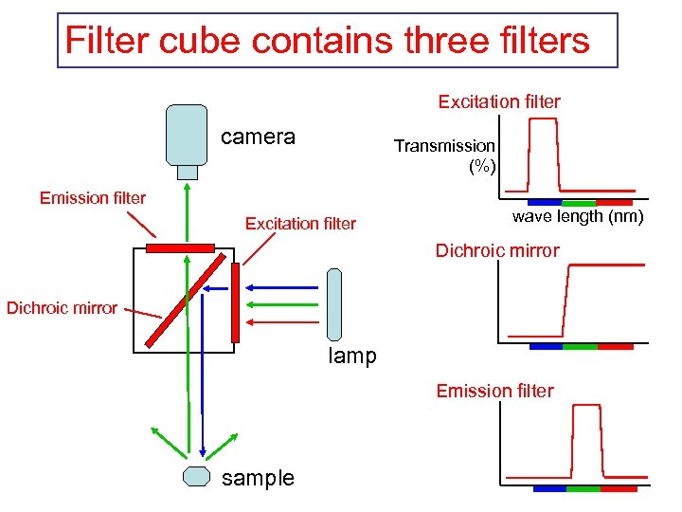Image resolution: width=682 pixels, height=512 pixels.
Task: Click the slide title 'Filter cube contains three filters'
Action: (328, 41)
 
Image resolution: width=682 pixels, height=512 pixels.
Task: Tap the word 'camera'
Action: (258, 137)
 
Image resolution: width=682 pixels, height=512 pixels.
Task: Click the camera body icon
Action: (187, 134)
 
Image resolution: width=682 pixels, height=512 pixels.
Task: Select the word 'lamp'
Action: (352, 357)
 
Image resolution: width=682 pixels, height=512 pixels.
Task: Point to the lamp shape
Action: (333, 303)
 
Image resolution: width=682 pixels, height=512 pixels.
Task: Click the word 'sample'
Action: (258, 478)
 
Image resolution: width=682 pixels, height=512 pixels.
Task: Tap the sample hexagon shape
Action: (196, 476)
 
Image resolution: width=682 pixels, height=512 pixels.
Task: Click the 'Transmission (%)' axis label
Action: (444, 155)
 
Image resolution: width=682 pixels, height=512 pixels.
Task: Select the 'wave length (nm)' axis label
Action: (578, 217)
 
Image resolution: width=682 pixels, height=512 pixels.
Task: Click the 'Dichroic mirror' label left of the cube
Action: (63, 307)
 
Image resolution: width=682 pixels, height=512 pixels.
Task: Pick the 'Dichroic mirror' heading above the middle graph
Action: (497, 251)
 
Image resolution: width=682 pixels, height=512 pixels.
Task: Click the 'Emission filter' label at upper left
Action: (93, 198)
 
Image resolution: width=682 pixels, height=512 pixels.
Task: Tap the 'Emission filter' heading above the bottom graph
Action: (494, 391)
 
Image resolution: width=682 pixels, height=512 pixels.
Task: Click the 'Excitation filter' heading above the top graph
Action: (499, 101)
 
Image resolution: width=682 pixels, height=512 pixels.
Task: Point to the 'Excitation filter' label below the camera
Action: (300, 224)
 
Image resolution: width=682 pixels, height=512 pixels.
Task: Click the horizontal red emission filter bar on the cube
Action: (180, 248)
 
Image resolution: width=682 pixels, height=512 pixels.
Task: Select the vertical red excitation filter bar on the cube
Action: (236, 302)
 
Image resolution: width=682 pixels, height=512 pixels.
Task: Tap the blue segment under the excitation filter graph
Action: (545, 203)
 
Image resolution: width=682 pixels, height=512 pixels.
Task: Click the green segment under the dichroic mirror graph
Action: (580, 346)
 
